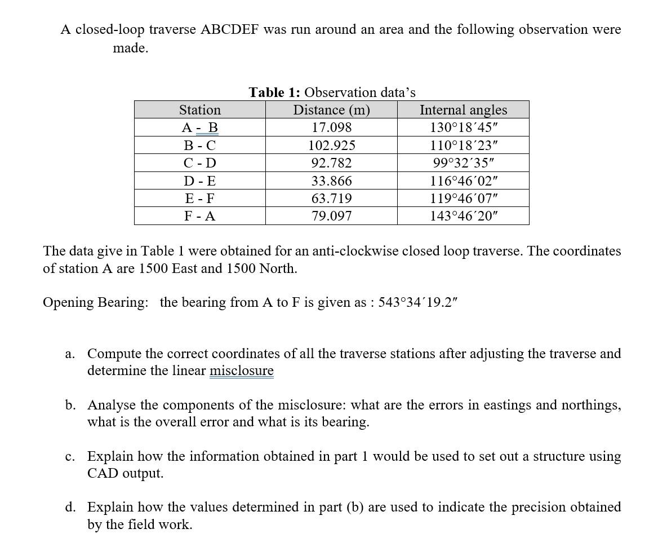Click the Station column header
(199, 110)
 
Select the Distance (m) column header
(331, 110)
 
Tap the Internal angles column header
(463, 110)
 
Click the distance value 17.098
(331, 128)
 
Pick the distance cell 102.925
(331, 146)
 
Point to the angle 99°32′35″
(463, 164)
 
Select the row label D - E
(199, 181)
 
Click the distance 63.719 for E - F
(331, 199)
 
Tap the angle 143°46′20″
(463, 216)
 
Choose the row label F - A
(199, 216)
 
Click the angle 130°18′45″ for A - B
(463, 128)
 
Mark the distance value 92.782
(331, 164)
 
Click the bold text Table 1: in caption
(274, 92)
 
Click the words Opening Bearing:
(96, 302)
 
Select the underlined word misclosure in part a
(241, 371)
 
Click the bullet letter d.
(70, 507)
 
